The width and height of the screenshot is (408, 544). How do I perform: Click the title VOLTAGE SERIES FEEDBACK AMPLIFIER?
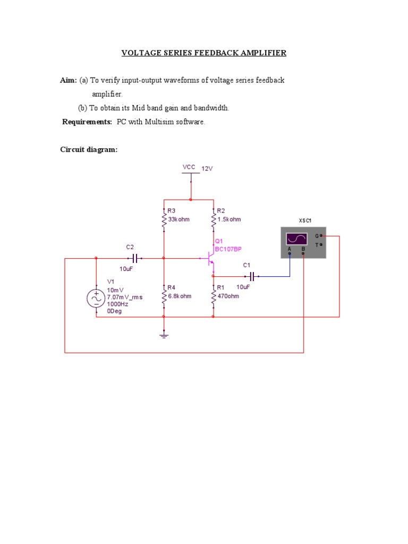click(204, 53)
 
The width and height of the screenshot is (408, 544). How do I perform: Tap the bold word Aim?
click(69, 80)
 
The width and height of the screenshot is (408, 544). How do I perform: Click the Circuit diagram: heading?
click(89, 150)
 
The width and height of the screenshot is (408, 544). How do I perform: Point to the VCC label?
click(189, 167)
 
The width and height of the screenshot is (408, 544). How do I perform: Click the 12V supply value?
click(207, 168)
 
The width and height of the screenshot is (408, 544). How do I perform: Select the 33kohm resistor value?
click(178, 219)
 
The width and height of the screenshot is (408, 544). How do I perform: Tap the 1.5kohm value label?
click(229, 219)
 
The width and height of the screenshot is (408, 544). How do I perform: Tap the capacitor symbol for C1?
click(252, 276)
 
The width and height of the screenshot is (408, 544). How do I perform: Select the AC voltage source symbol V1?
click(96, 299)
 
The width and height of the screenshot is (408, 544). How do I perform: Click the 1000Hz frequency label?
click(117, 304)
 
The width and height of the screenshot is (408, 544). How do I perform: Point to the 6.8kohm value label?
click(180, 296)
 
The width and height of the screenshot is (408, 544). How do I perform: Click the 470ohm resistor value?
click(228, 296)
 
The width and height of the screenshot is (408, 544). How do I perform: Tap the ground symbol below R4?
click(164, 335)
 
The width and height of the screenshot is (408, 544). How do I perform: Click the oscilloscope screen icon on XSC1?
click(296, 239)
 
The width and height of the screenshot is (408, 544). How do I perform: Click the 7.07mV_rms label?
click(125, 297)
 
